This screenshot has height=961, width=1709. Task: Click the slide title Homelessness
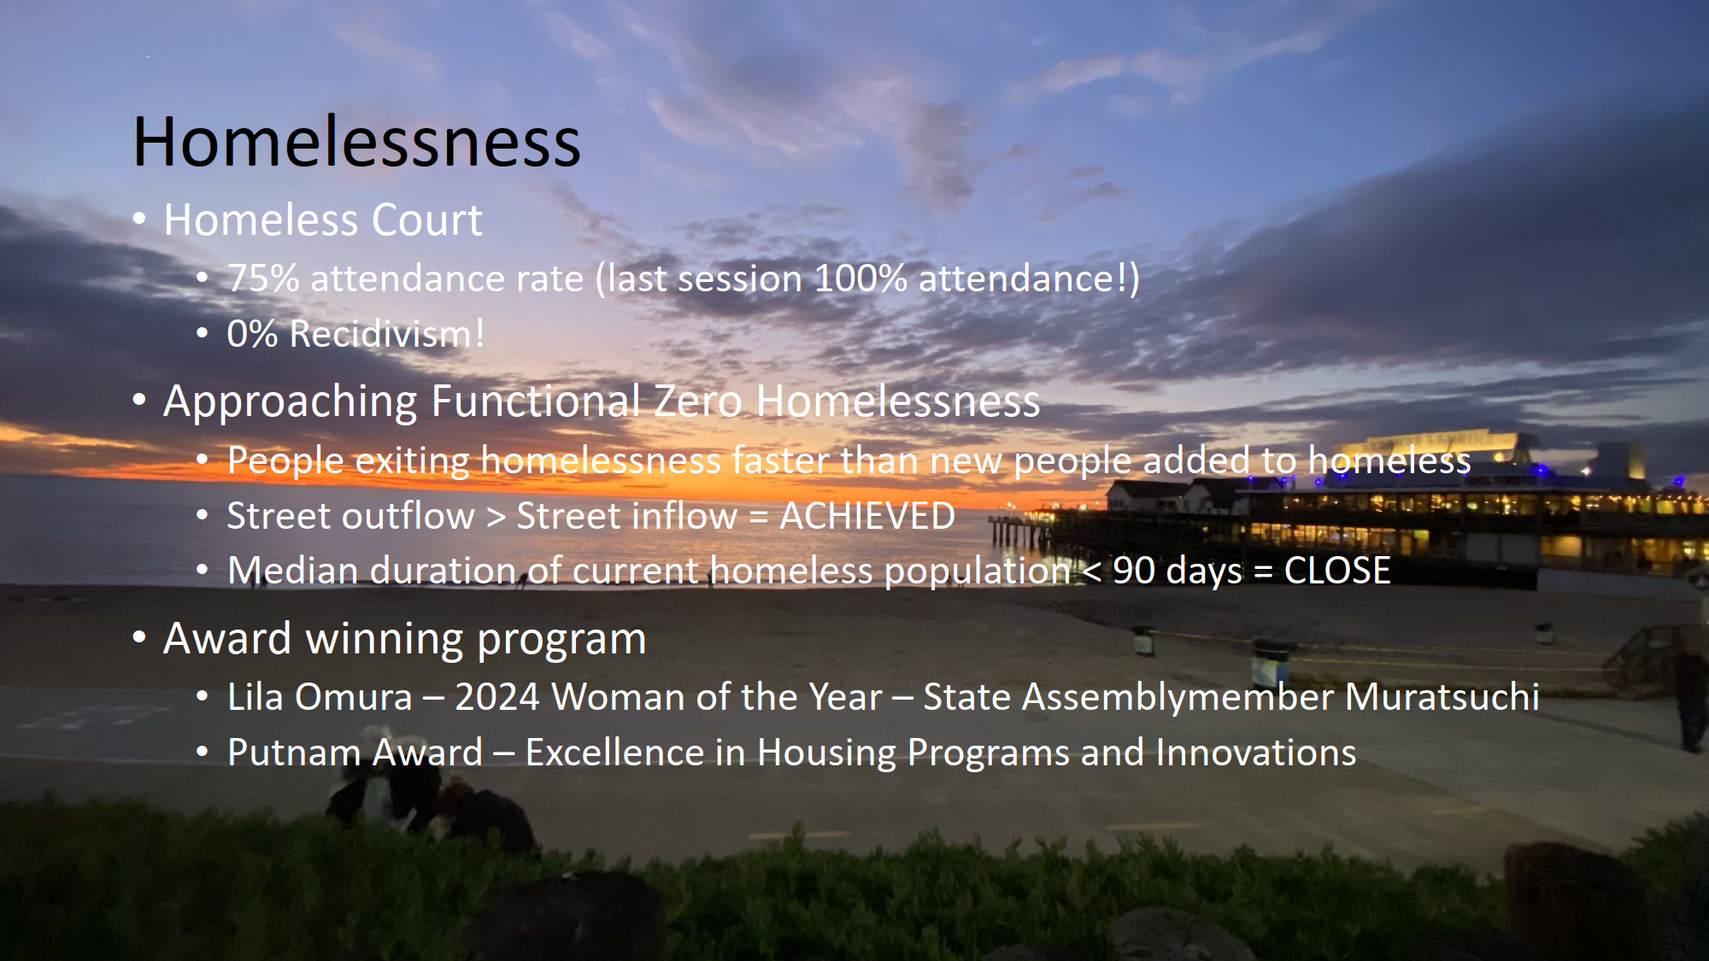[357, 142]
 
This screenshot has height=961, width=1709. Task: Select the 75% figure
[263, 279]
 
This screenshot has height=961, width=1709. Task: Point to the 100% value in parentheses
[860, 279]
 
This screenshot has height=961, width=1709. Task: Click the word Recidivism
[381, 334]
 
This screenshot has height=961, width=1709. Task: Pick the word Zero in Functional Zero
[697, 401]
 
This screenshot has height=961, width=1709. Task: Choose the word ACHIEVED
[867, 516]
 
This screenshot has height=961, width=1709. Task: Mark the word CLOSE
[1337, 571]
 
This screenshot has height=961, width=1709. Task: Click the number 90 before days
[1134, 571]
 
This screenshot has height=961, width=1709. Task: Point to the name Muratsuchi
[1442, 697]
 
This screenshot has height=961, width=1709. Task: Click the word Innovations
[1256, 753]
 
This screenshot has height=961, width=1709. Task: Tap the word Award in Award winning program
[227, 639]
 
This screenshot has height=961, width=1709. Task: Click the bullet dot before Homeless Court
[140, 220]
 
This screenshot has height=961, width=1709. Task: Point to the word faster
[780, 460]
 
